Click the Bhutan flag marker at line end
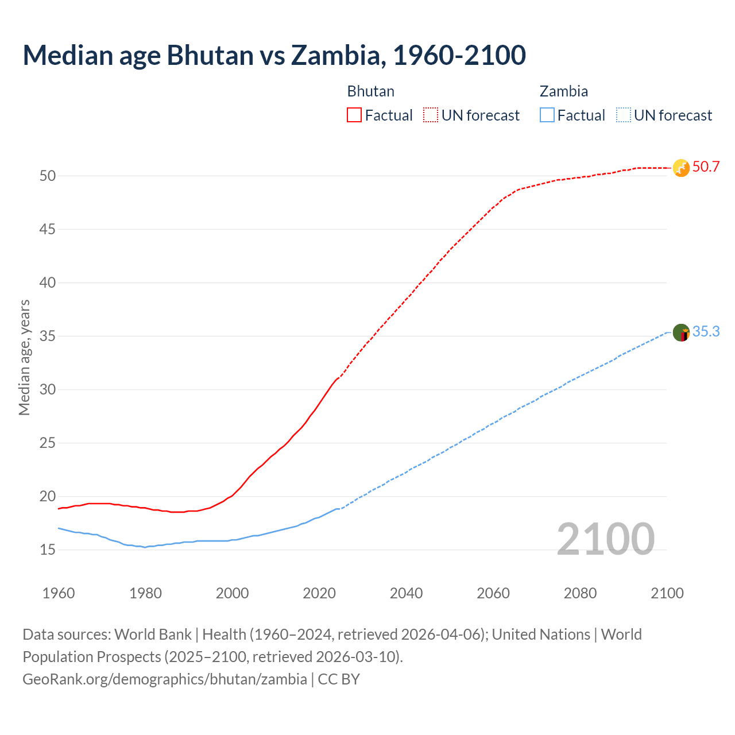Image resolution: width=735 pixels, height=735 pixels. [x=680, y=168]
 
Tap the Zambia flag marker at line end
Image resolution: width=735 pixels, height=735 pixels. [x=680, y=332]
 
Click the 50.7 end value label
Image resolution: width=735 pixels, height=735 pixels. [x=706, y=167]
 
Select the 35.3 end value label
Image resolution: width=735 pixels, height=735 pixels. [x=706, y=332]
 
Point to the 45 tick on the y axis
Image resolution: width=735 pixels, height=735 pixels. [x=48, y=229]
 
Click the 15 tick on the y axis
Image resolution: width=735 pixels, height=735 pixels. [x=48, y=550]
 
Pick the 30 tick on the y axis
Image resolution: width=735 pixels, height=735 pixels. [x=48, y=389]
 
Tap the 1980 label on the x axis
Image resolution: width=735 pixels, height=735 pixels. [x=145, y=593]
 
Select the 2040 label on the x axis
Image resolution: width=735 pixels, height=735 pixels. [x=406, y=593]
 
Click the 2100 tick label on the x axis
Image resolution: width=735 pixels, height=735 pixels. [x=667, y=593]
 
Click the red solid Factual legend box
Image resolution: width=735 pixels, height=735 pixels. [x=354, y=115]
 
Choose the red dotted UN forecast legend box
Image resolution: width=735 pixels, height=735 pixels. [x=431, y=115]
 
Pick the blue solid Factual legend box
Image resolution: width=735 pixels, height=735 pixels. [x=547, y=115]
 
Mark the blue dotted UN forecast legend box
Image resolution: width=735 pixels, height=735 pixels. [x=623, y=115]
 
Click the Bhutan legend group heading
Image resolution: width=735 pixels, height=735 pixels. [x=370, y=91]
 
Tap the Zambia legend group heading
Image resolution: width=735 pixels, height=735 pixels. [x=563, y=91]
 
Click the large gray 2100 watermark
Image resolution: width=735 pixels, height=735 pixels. [x=605, y=539]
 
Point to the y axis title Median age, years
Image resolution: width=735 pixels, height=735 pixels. [x=24, y=357]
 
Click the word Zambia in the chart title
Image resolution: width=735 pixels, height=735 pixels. [x=336, y=55]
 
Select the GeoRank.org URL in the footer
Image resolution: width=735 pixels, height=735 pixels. [x=165, y=679]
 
